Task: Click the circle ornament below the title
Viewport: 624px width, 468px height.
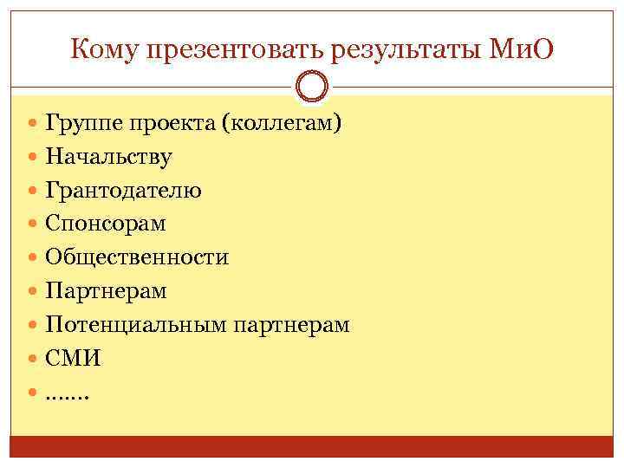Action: pyautogui.click(x=312, y=87)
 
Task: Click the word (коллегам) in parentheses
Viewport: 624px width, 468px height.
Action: pyautogui.click(x=282, y=124)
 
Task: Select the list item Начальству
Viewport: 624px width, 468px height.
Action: pyautogui.click(x=108, y=157)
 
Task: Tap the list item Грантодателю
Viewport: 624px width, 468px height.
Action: pyautogui.click(x=123, y=191)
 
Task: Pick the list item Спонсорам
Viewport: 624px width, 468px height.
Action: pyautogui.click(x=106, y=224)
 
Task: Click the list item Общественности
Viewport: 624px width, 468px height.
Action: pyautogui.click(x=137, y=257)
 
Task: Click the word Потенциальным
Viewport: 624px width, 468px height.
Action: pyautogui.click(x=136, y=325)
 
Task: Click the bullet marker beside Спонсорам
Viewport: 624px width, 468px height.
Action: pyautogui.click(x=32, y=224)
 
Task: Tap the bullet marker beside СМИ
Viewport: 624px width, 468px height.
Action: pyautogui.click(x=32, y=358)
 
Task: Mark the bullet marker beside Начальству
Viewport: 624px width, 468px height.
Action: pyautogui.click(x=32, y=157)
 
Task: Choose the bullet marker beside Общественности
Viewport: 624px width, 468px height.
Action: pyautogui.click(x=32, y=257)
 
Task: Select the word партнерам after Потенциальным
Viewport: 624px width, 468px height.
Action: pyautogui.click(x=291, y=325)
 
